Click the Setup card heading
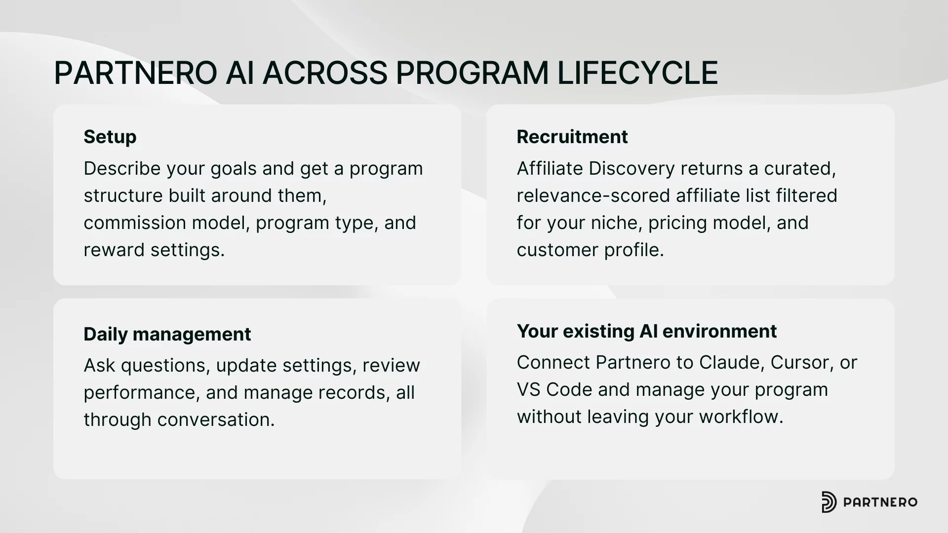pos(110,137)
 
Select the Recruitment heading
pos(572,137)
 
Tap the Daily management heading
pos(167,334)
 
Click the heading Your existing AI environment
pos(646,331)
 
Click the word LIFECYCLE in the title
pos(637,73)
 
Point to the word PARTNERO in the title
pos(135,73)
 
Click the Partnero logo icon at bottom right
pos(829,502)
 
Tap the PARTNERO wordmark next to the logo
pos(880,502)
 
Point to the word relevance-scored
pos(593,196)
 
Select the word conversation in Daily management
pos(215,420)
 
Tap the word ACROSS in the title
pos(324,73)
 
